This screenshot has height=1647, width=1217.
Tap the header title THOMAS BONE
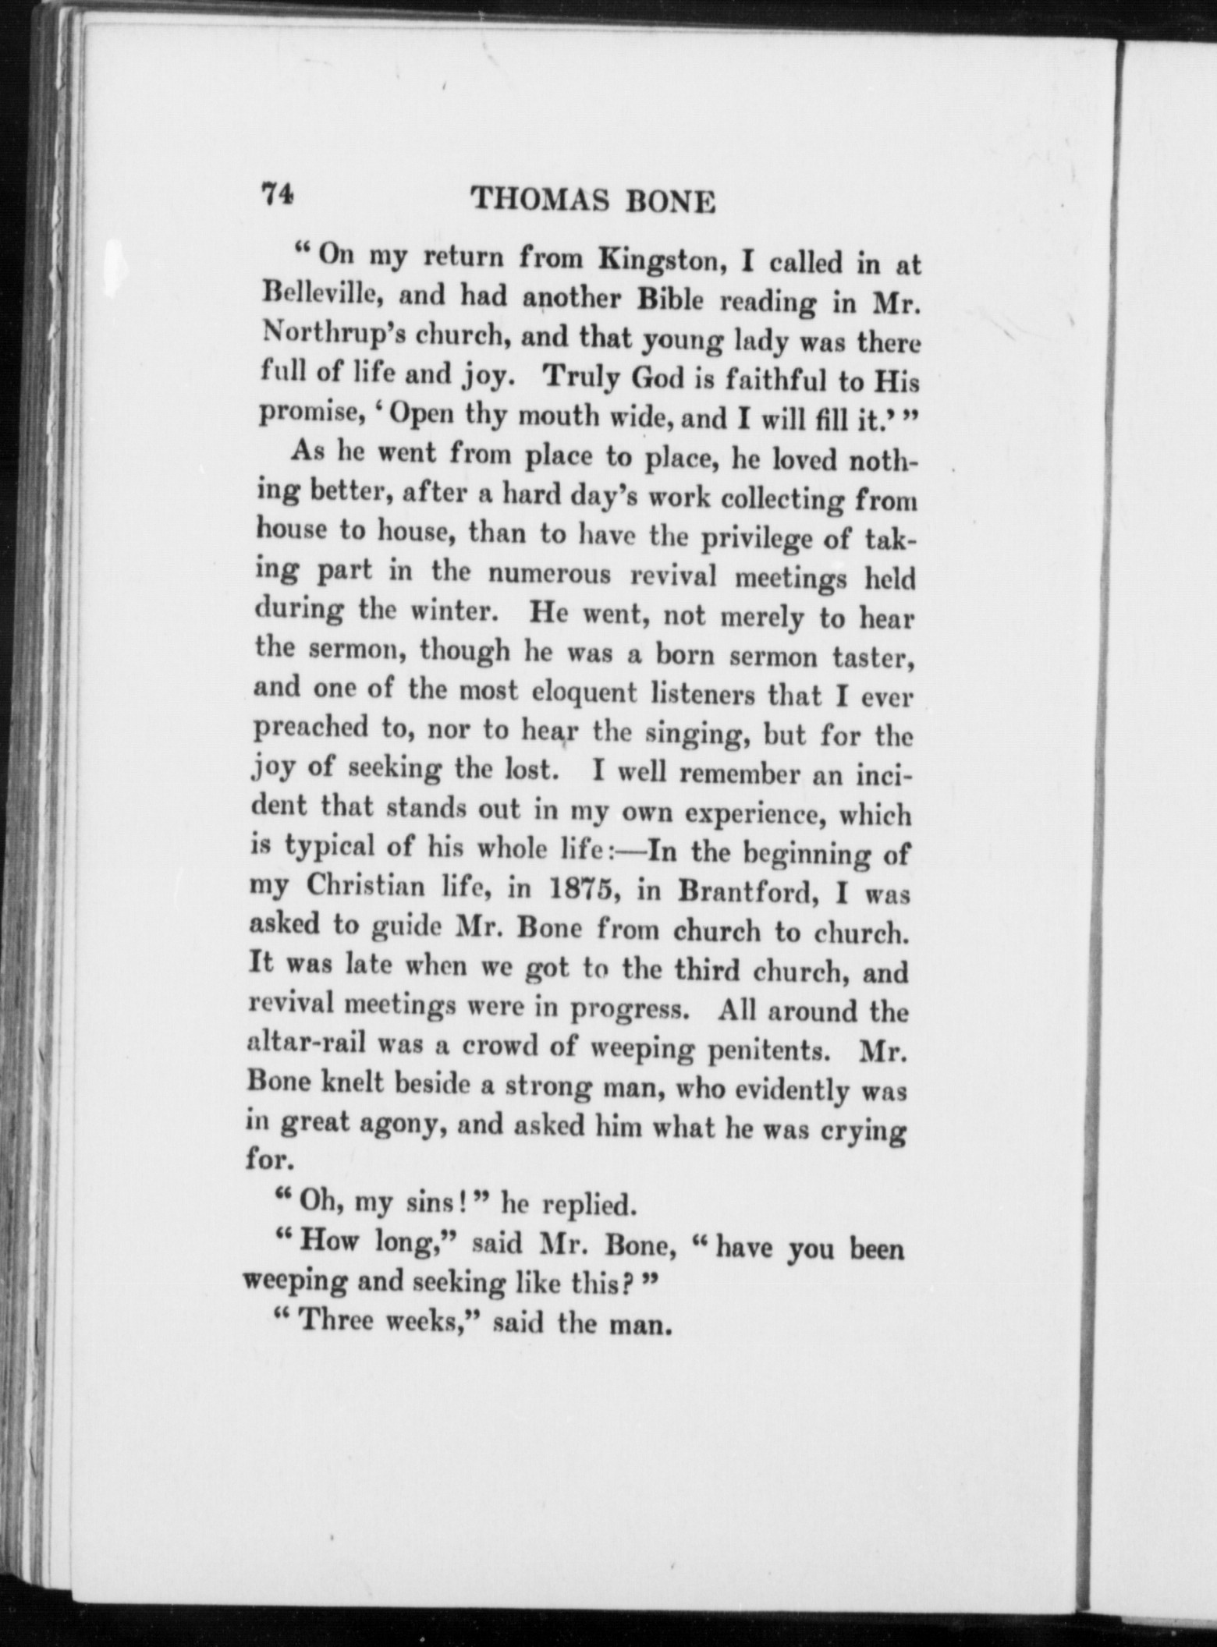tap(594, 201)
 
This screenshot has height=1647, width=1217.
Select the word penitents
tap(766, 1050)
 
